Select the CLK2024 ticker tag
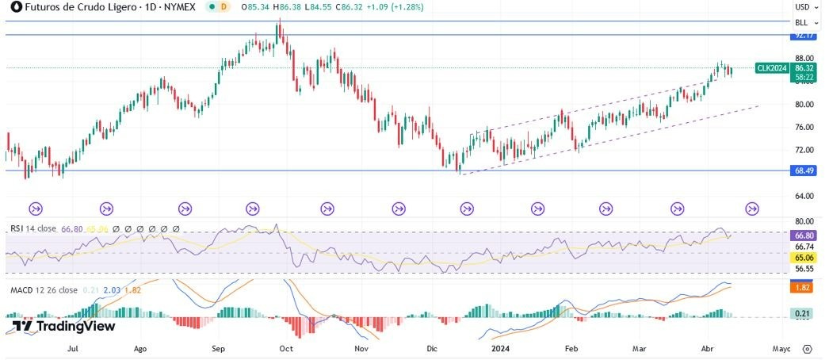tap(772, 68)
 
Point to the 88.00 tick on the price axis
tap(804, 59)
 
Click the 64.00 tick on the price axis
tap(804, 196)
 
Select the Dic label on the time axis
tap(432, 348)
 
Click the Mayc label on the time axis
tap(781, 348)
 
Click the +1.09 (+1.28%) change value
tap(397, 6)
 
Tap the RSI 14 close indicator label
tap(32, 228)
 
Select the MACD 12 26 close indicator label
tap(44, 290)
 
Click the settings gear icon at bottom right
tap(807, 348)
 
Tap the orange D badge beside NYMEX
tap(223, 6)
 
